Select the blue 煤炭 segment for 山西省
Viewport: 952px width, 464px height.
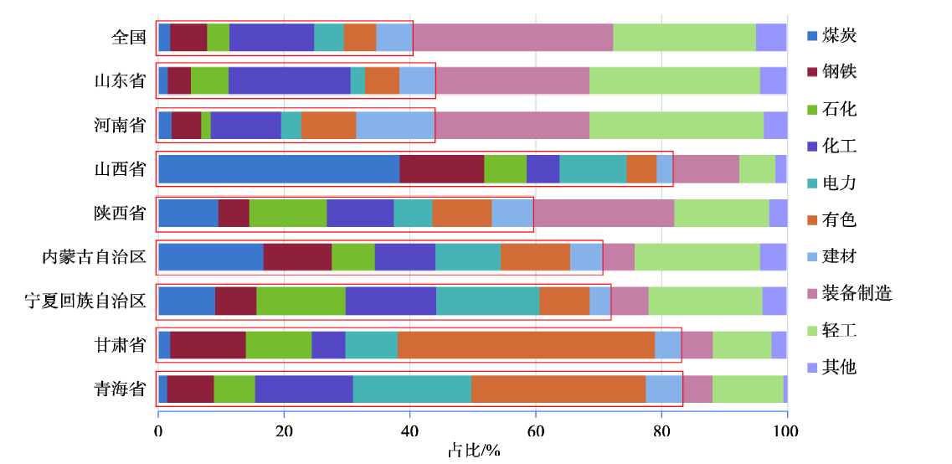pyautogui.click(x=279, y=169)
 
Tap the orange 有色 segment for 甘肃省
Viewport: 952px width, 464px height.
pyautogui.click(x=526, y=344)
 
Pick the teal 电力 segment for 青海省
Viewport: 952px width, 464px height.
pyautogui.click(x=412, y=389)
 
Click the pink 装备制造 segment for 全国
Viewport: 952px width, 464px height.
pyautogui.click(x=512, y=38)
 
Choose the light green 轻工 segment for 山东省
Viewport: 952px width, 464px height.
pyautogui.click(x=674, y=80)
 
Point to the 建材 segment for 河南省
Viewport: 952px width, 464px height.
pyautogui.click(x=395, y=125)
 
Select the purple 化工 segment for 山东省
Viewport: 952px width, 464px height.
pyautogui.click(x=289, y=80)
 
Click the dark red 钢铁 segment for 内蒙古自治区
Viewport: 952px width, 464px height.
pyautogui.click(x=297, y=257)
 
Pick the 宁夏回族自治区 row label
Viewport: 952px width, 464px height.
pyautogui.click(x=85, y=301)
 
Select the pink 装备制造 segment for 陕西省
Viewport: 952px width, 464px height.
pyautogui.click(x=604, y=213)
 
